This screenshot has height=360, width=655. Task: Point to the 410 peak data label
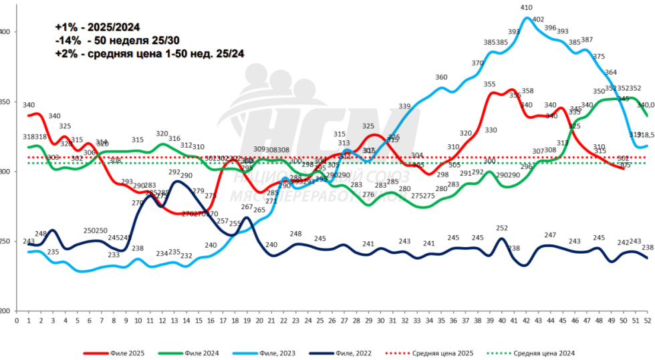tap(526, 8)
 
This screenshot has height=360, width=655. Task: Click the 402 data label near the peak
tap(538, 19)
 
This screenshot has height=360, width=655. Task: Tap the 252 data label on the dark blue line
tap(502, 228)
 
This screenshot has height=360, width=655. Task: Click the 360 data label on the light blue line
tap(441, 77)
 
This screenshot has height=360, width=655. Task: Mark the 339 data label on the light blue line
tap(404, 107)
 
